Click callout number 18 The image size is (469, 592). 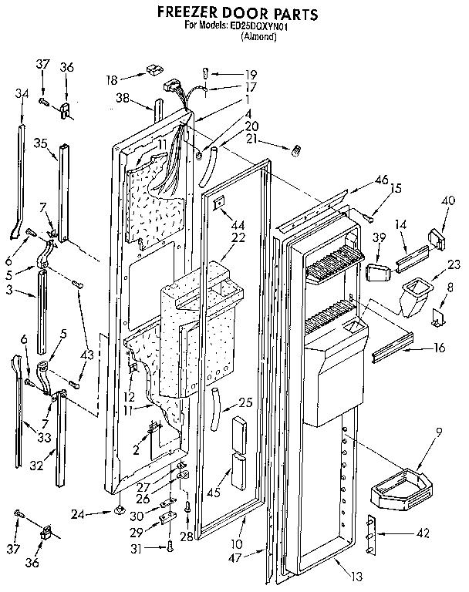click(112, 79)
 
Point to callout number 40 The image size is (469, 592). click(447, 201)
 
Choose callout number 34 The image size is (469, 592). click(21, 94)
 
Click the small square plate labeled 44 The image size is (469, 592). click(220, 203)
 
